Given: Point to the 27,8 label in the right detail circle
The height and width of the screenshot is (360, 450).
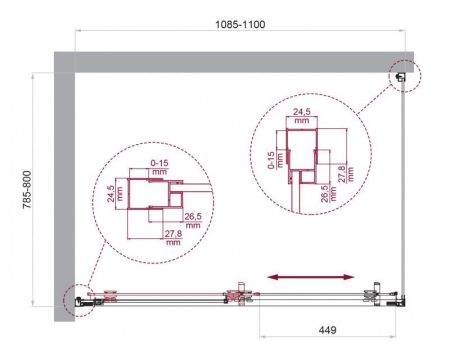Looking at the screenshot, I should [x=343, y=174].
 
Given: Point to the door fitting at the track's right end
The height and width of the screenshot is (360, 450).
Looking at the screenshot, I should [x=376, y=294].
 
